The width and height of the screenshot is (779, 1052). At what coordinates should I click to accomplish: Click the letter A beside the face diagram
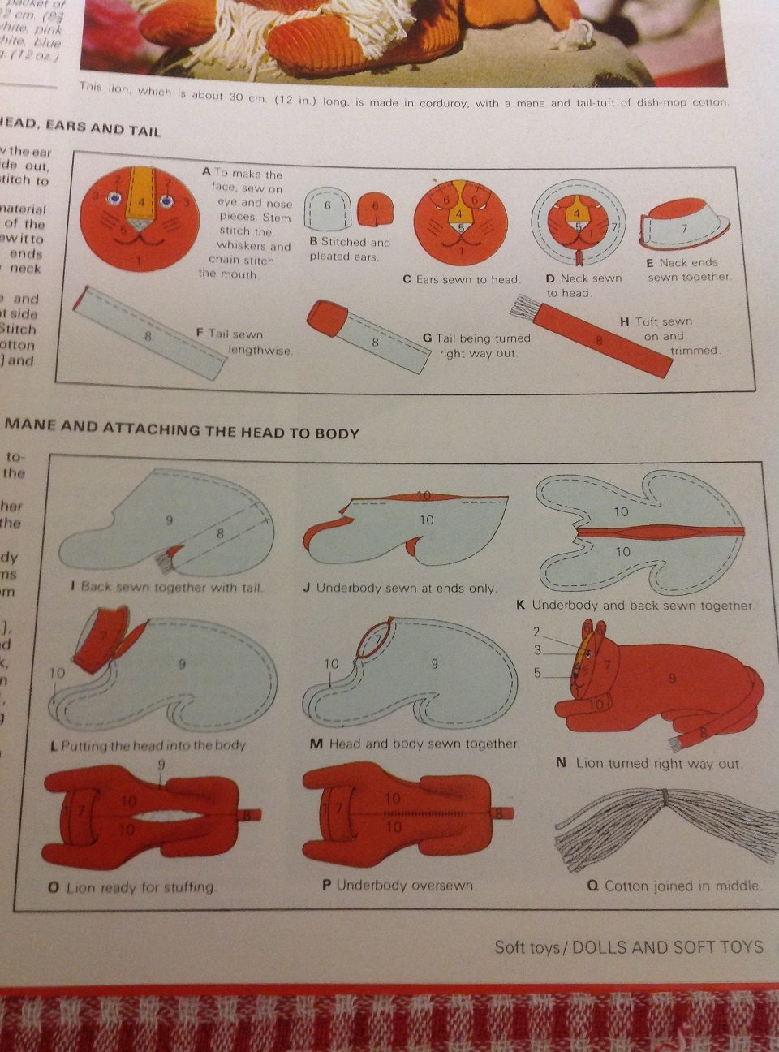[206, 171]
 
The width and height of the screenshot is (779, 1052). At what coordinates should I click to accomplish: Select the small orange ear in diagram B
[375, 208]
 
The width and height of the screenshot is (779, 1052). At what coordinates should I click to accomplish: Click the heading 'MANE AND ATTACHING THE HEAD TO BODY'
[183, 429]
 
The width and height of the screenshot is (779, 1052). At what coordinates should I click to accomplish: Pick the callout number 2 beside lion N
[536, 632]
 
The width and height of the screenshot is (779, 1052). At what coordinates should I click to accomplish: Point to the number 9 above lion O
[161, 765]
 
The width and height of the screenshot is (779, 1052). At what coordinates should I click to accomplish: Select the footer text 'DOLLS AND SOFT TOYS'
[667, 946]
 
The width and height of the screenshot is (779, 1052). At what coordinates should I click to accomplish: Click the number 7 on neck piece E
[683, 228]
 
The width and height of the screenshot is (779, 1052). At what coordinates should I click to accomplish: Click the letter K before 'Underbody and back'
[521, 605]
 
